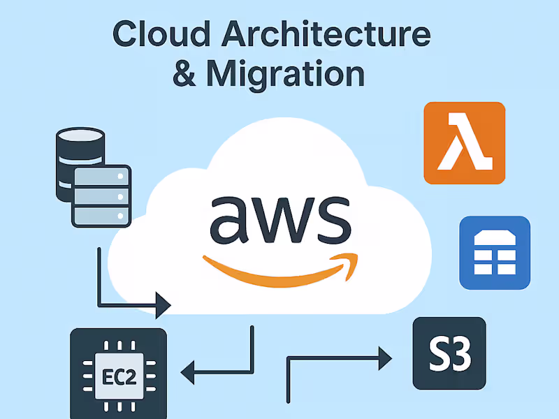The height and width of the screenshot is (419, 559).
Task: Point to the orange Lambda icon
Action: coord(464,143)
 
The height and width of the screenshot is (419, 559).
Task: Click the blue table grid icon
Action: coord(495,252)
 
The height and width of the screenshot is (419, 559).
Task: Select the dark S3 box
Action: coord(449,353)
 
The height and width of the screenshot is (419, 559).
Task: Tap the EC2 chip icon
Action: coord(119,374)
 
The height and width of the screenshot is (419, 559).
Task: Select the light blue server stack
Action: coord(101,196)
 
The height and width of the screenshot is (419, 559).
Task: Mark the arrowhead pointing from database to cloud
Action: coord(164,305)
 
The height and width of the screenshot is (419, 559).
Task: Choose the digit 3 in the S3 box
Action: coord(462,354)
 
